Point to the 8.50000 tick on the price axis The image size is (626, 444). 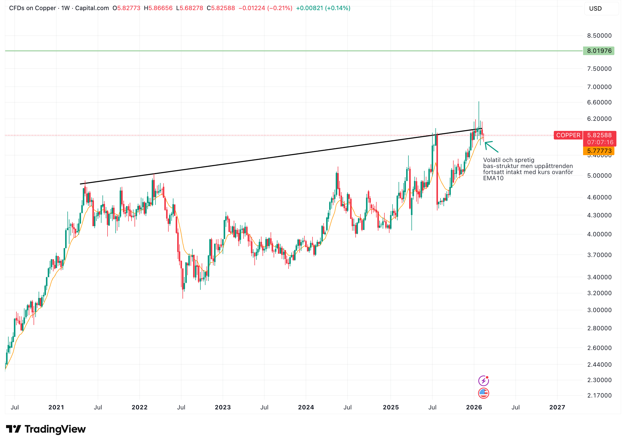pyautogui.click(x=599, y=36)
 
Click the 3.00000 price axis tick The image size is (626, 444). pyautogui.click(x=599, y=310)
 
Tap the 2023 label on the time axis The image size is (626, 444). pyautogui.click(x=223, y=407)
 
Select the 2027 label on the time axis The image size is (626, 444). pyautogui.click(x=557, y=407)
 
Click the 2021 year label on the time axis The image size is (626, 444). pyautogui.click(x=56, y=407)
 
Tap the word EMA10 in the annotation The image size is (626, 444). pyautogui.click(x=493, y=178)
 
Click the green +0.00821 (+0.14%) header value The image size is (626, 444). pyautogui.click(x=323, y=8)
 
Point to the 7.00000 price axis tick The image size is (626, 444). pyautogui.click(x=599, y=87)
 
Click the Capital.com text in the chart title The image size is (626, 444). pyautogui.click(x=92, y=8)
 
